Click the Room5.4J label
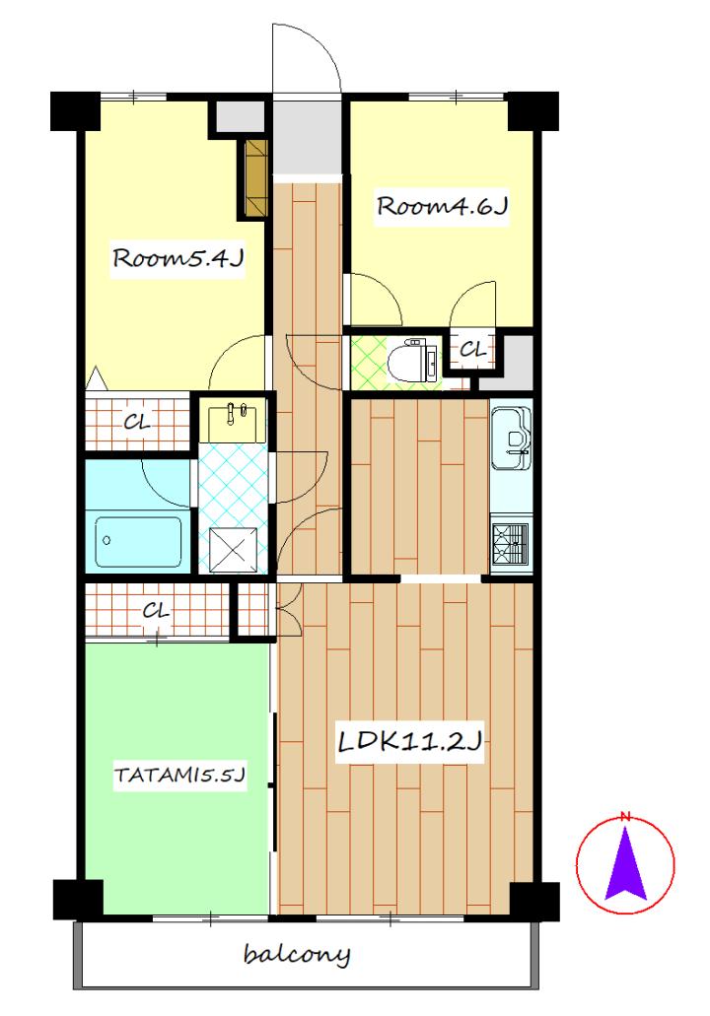tap(177, 258)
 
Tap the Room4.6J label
tap(442, 206)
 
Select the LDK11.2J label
tap(410, 741)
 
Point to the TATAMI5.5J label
tap(179, 775)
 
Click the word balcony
tap(296, 955)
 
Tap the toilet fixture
tap(412, 359)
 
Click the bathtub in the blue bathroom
tap(138, 542)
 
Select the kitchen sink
tap(511, 438)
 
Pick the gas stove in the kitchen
tap(511, 543)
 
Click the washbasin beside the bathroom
tap(232, 422)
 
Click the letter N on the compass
tap(626, 816)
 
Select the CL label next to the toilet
tap(472, 351)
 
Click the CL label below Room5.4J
tap(137, 423)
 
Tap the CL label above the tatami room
tap(156, 610)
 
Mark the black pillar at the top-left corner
tap(75, 111)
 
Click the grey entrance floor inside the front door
tap(306, 137)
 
